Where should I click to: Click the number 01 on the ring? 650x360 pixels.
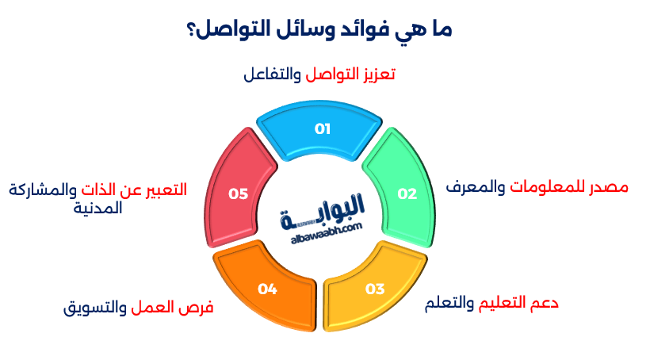click(323, 128)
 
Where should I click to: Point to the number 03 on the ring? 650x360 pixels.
click(374, 288)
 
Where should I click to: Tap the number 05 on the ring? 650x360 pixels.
click(238, 193)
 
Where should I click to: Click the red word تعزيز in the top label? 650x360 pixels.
click(377, 75)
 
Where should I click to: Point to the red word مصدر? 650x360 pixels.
click(610, 187)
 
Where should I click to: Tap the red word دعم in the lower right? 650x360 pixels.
click(543, 304)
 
